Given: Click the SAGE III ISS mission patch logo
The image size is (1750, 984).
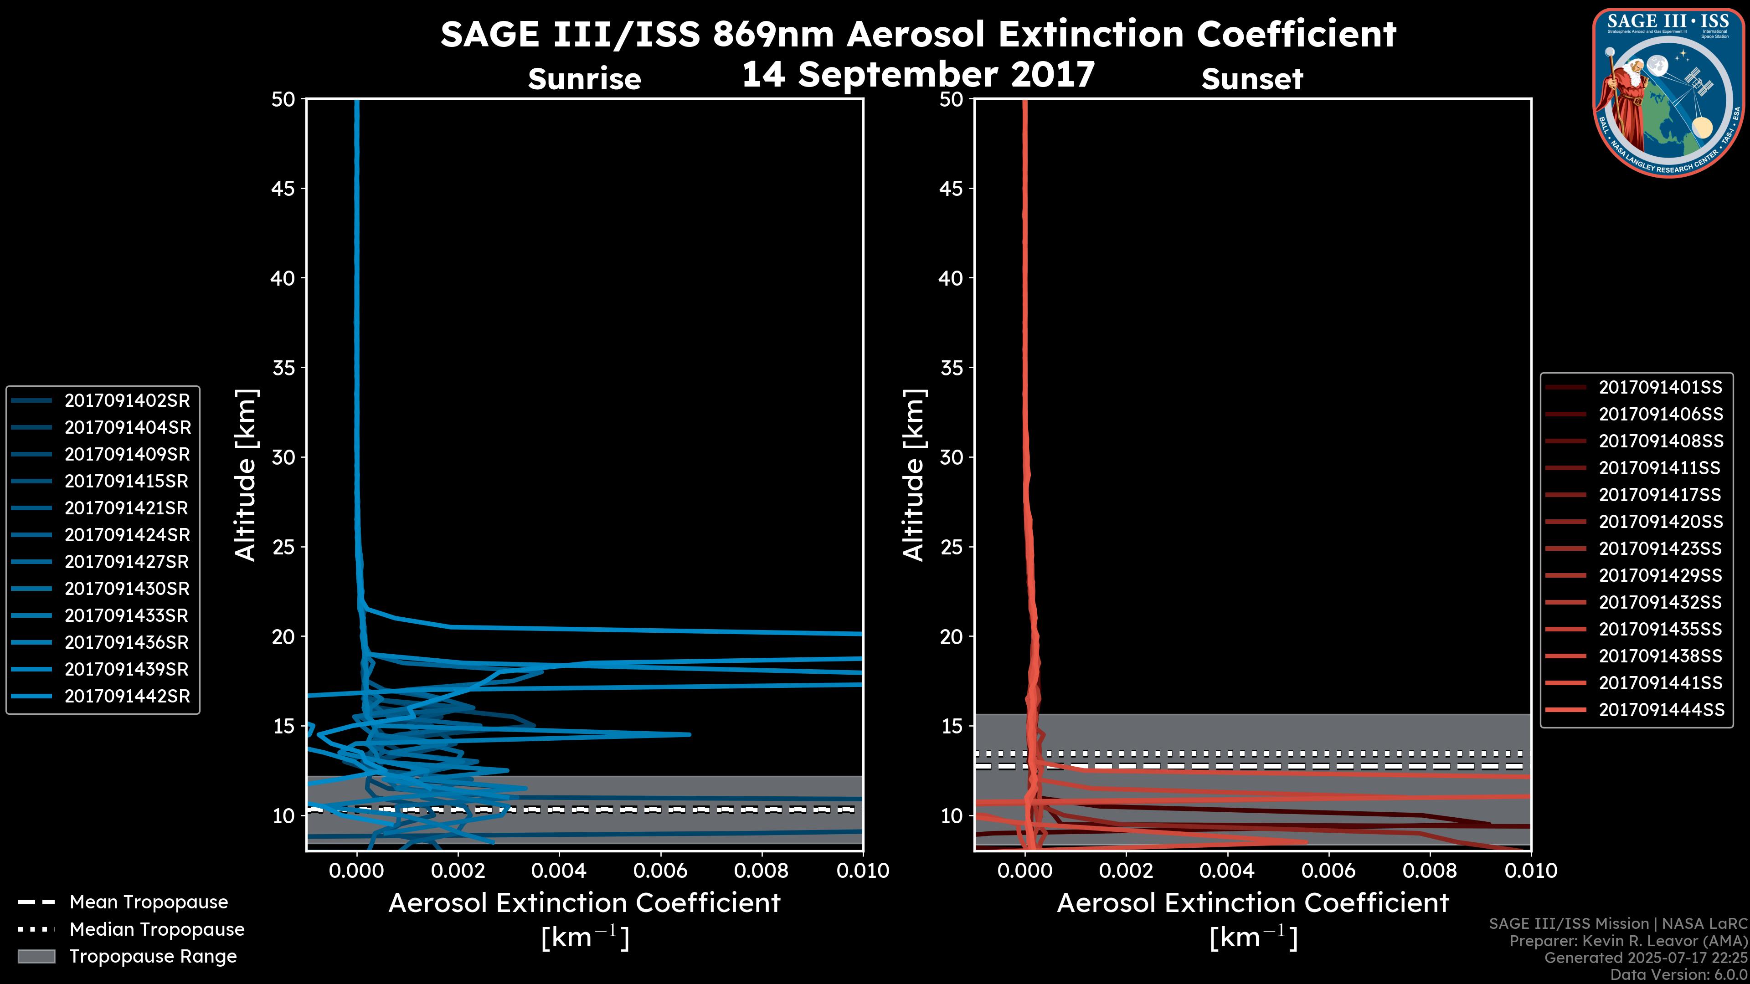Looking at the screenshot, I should coord(1668,92).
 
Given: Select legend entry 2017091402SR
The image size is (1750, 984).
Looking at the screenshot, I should coord(127,401).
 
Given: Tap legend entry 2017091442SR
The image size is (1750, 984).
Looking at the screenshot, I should coord(127,696).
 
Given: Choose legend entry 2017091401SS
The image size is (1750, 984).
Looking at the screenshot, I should coord(1660,387).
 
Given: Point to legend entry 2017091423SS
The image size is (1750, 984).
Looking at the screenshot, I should coord(1660,548).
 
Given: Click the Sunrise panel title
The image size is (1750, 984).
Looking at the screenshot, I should coord(584,79).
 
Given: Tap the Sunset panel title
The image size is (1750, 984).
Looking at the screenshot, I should coord(1252,79).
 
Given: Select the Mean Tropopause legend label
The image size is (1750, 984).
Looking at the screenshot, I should coord(149,902).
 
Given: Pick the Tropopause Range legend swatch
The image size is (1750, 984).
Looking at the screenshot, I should coord(36,956).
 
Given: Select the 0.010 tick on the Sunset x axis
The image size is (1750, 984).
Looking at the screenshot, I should coord(1531,871).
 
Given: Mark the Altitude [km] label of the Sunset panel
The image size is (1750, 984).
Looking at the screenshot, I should coord(914,475).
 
